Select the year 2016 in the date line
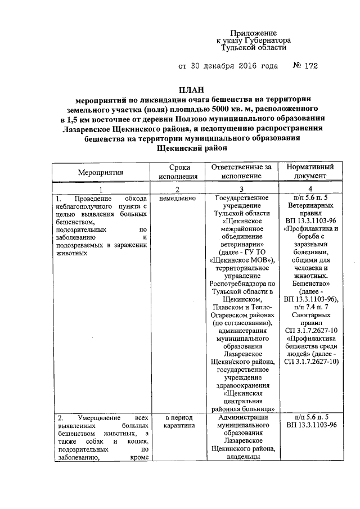244,66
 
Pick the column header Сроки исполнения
178,172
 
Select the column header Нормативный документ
310,172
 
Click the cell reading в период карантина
178,422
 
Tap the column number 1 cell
101,190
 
